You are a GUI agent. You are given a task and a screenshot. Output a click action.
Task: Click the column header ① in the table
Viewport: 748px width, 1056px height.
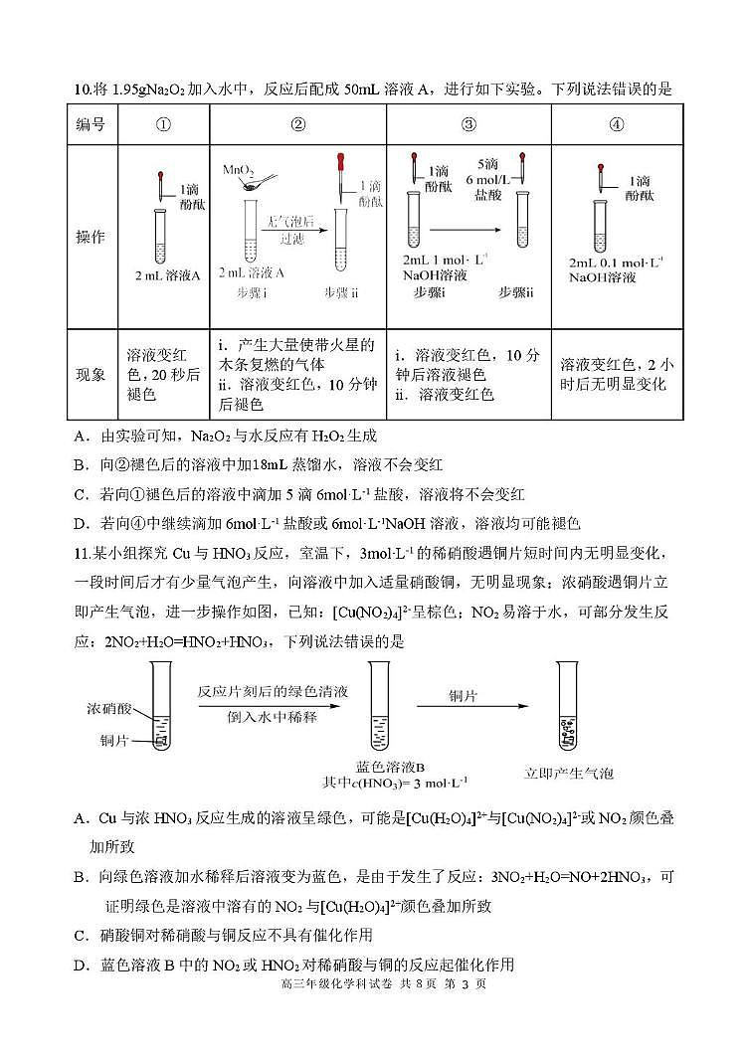click(x=164, y=125)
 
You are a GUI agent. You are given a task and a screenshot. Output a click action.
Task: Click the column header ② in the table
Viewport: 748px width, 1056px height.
click(x=297, y=125)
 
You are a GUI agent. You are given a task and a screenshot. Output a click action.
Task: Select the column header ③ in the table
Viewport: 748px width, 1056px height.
click(x=468, y=125)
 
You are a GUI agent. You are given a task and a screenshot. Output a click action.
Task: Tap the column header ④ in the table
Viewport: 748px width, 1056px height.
click(x=617, y=125)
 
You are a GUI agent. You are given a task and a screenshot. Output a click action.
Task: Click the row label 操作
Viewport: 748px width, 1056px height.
click(x=92, y=239)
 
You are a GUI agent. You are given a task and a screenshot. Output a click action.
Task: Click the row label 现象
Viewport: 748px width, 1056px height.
click(x=92, y=375)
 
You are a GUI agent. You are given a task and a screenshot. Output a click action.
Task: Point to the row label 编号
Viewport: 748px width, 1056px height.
click(x=92, y=125)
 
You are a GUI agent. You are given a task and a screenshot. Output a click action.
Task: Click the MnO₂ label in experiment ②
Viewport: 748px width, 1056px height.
click(x=239, y=170)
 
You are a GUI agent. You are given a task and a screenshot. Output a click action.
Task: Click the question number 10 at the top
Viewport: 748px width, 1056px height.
click(x=83, y=89)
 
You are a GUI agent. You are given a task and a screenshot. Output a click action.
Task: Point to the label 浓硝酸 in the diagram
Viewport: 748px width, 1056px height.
click(x=108, y=709)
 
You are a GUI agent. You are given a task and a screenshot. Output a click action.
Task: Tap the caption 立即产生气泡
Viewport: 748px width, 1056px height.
click(x=569, y=773)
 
